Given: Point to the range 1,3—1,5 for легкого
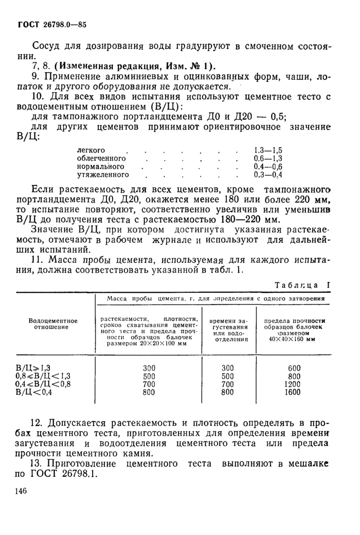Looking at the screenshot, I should tap(268, 150).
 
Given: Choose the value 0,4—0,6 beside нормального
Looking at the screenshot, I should tap(268, 167).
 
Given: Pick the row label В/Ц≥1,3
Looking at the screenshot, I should tap(34, 368).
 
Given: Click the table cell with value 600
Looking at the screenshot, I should tap(294, 368).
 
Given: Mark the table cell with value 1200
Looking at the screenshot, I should tap(294, 384).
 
